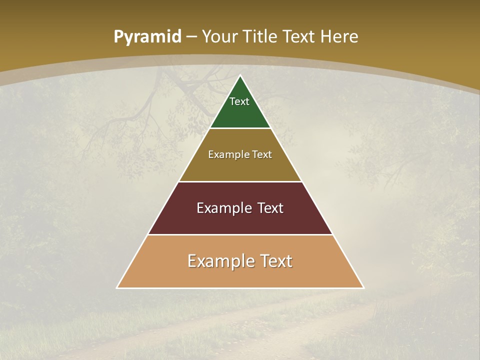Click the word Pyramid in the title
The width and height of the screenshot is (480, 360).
tap(147, 37)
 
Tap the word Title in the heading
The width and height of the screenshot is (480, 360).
tap(261, 36)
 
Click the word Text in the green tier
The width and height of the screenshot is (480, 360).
tap(239, 101)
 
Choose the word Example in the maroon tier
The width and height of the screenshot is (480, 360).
tap(222, 208)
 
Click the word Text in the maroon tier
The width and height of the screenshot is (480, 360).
tap(268, 208)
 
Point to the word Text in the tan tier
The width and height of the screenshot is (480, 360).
tap(275, 261)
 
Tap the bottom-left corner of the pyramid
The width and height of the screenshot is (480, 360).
tap(117, 287)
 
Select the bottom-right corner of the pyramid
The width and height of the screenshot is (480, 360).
tap(363, 287)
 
